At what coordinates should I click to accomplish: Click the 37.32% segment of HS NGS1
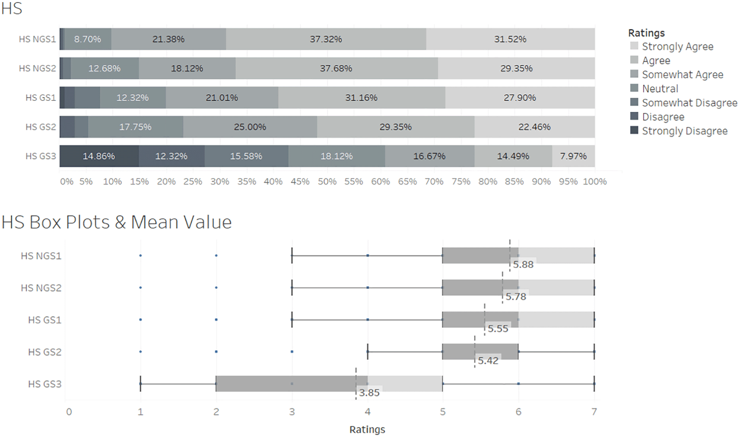point(326,39)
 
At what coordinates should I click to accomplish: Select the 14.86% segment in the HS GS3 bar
point(99,156)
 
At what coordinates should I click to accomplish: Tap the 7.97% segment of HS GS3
point(573,156)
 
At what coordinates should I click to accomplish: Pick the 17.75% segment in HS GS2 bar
point(135,127)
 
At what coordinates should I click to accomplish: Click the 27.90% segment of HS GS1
point(520,98)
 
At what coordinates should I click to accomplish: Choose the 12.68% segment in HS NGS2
point(104,68)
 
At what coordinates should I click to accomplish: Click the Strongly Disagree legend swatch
point(634,130)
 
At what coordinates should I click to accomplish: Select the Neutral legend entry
point(660,89)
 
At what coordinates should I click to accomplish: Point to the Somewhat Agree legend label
point(682,75)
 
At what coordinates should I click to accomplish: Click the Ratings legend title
point(646,33)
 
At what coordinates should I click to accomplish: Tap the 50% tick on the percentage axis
point(327,182)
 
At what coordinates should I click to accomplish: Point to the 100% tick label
point(594,182)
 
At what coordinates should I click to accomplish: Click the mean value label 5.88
point(523,265)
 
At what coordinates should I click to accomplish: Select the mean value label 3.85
point(369,393)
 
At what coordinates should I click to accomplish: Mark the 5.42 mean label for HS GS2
point(488,361)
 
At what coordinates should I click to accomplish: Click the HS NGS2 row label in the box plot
point(41,288)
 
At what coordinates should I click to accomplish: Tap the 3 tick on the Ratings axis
point(292,412)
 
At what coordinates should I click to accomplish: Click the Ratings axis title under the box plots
point(367,430)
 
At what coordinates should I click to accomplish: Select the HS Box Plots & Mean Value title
point(117,222)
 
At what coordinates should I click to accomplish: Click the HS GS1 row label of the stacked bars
point(41,98)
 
